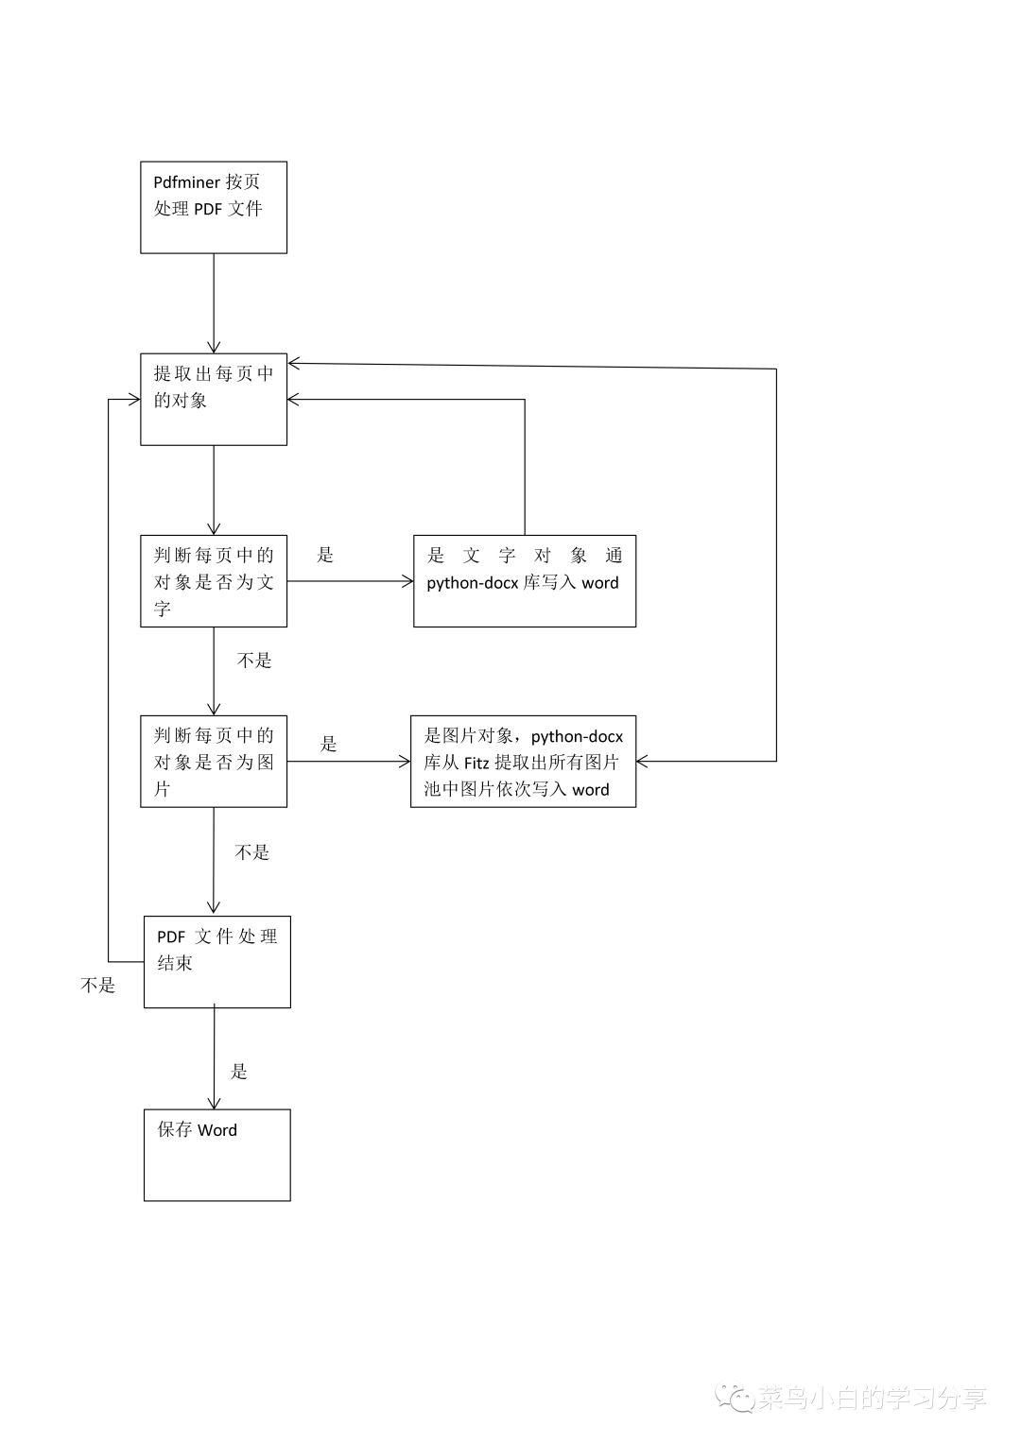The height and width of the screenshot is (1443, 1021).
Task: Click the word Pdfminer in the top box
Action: coord(186,182)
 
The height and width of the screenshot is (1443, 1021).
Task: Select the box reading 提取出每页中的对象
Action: coord(214,399)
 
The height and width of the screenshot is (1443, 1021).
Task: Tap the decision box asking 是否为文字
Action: coord(214,580)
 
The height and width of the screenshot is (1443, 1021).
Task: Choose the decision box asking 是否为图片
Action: coord(214,761)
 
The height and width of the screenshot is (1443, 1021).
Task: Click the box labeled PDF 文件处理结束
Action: coord(216,961)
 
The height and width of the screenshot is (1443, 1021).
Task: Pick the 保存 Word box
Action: coord(216,1155)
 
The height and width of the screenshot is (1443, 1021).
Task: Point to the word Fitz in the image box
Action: coord(476,763)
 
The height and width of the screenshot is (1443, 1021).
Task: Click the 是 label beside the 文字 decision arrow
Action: coord(325,555)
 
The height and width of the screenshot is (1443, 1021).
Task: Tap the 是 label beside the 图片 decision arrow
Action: coord(328,744)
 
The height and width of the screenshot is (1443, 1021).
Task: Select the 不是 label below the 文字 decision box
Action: coord(254,661)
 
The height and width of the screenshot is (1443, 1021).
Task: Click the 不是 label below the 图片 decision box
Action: coord(252,852)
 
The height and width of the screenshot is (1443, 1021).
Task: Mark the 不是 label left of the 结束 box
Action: coord(98,986)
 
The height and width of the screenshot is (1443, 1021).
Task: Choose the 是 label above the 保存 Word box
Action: coord(239,1071)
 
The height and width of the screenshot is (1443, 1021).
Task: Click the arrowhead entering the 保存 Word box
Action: coord(215,1103)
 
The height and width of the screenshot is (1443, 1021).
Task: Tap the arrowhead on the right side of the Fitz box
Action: coord(643,761)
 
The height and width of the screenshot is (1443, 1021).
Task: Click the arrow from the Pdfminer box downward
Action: coord(214,302)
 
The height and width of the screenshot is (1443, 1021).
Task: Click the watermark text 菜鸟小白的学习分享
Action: coord(872,1398)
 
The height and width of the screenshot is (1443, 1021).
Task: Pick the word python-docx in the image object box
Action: coord(577,736)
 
